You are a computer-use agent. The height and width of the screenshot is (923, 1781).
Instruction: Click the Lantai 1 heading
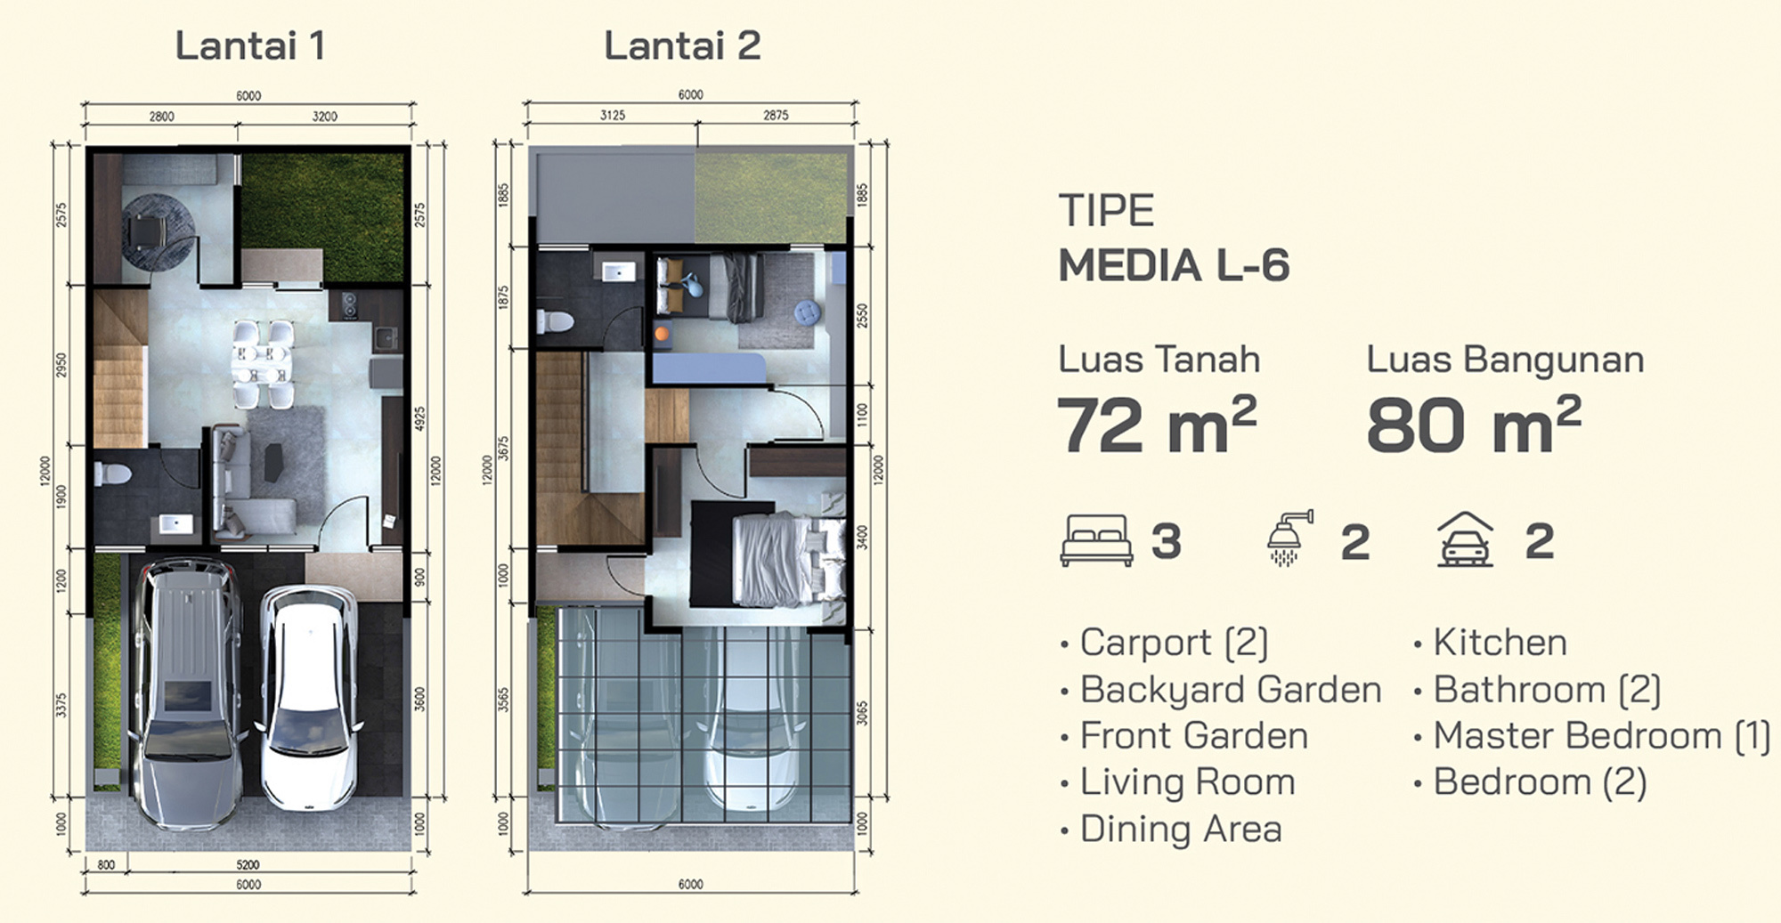point(249,46)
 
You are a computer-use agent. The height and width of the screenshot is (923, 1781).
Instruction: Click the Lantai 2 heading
point(682,46)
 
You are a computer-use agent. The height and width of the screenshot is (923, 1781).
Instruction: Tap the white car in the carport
point(312,697)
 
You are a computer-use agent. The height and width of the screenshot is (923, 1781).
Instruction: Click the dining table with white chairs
point(261,363)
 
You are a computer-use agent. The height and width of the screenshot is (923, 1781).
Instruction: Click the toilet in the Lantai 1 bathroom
point(112,474)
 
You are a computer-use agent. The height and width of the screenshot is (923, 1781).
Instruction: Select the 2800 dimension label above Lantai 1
point(161,117)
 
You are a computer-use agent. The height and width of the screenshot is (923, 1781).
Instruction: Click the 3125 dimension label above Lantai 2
point(613,116)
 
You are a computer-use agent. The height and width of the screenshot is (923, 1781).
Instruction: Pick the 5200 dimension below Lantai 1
point(248,864)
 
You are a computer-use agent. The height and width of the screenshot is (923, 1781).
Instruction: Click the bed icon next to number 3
point(1096,540)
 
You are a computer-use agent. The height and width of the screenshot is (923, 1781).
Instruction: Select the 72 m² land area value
point(1157,425)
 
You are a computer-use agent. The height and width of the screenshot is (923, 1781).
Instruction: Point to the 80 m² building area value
point(1474,425)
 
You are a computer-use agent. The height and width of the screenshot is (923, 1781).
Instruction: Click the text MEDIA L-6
point(1174,265)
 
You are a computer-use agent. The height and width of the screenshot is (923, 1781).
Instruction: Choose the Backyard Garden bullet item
point(1221,691)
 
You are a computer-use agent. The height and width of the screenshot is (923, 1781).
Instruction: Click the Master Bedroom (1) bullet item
point(1592,736)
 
